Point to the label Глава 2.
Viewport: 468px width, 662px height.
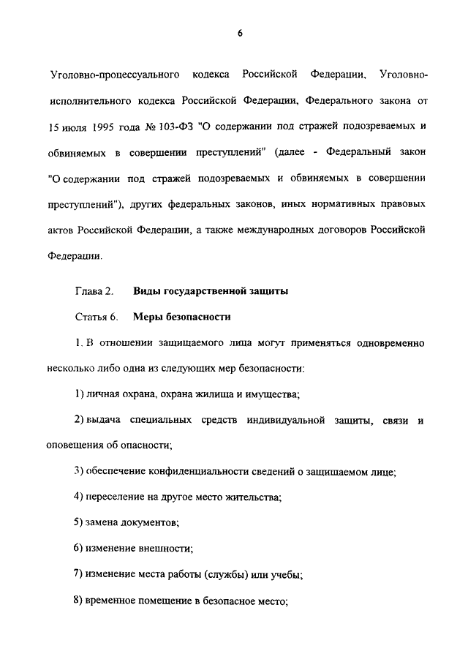pyautogui.click(x=94, y=292)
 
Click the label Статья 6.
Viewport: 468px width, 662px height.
pyautogui.click(x=95, y=317)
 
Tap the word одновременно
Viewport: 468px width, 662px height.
pyautogui.click(x=385, y=343)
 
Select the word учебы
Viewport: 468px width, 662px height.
pyautogui.click(x=284, y=574)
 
